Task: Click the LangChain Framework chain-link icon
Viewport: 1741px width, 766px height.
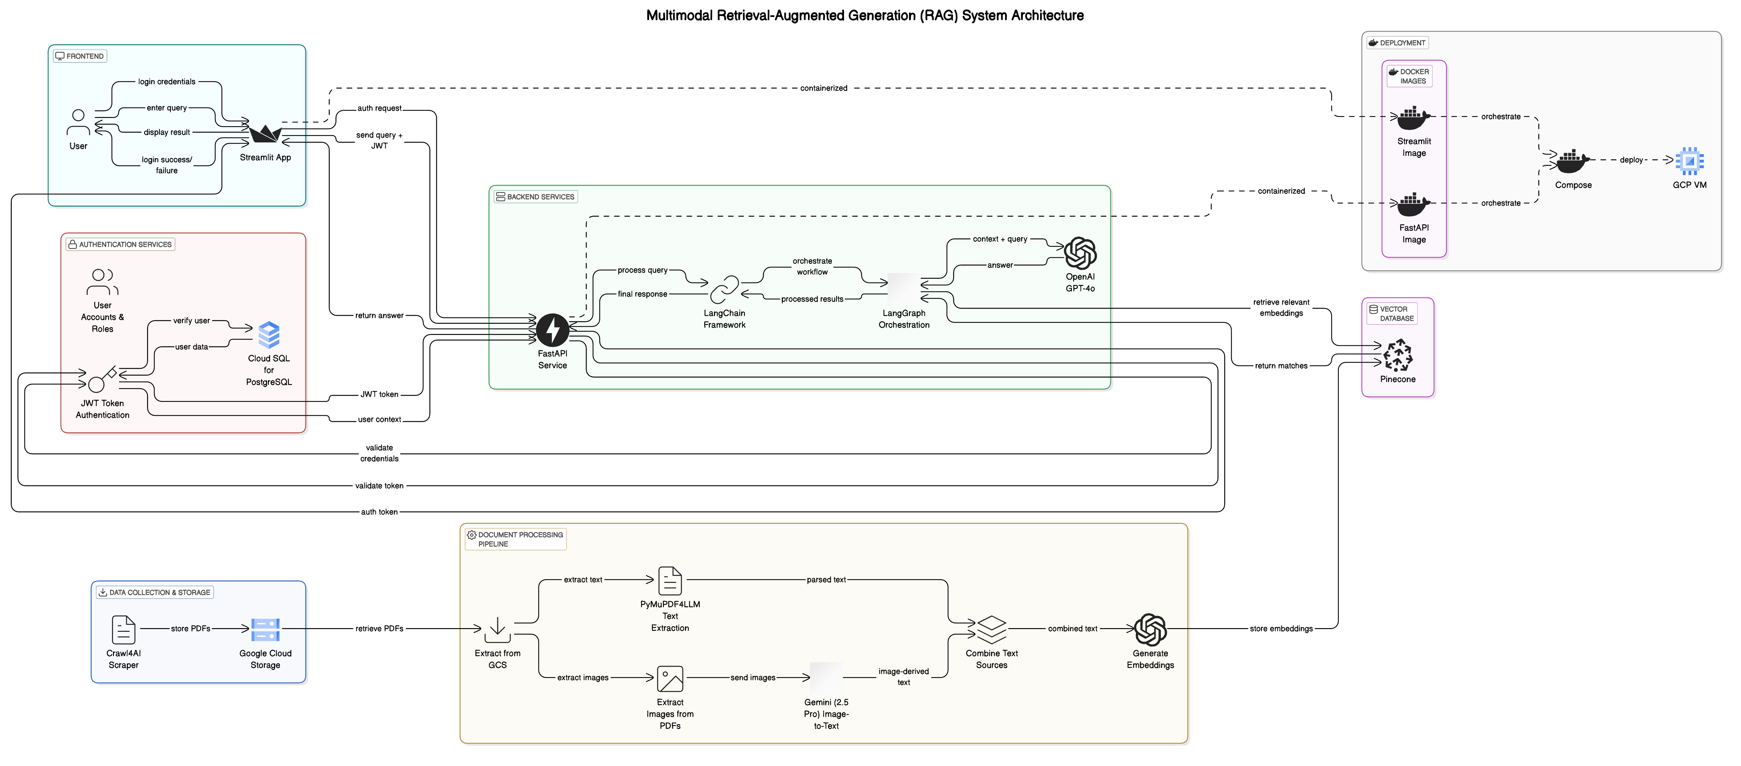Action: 724,290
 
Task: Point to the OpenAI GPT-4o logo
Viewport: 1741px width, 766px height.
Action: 1080,253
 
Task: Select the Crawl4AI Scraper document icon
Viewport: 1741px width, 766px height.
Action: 124,630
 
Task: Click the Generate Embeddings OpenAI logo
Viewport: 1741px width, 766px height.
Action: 1150,630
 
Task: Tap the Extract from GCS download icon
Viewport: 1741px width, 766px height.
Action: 497,630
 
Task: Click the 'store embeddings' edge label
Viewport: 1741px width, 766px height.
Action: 1281,629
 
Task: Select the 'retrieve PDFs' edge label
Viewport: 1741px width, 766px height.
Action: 379,629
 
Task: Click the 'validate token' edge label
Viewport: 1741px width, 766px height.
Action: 379,486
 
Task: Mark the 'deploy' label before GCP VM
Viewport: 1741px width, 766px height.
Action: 1631,160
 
